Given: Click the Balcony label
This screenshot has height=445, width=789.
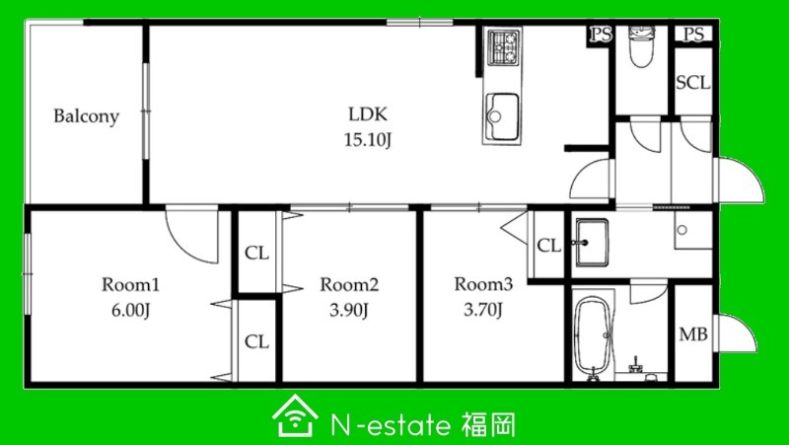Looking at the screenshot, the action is point(86,116).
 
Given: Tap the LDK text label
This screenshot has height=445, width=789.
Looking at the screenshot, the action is point(368,114).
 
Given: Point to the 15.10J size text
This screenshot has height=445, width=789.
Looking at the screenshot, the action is point(368,140).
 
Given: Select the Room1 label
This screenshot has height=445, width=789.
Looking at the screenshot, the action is point(130,285).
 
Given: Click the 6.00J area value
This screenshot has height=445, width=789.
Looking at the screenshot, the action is point(131,310).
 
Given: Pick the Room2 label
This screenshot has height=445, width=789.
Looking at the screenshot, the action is point(349,285).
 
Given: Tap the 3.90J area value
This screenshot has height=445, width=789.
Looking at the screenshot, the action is point(349,310).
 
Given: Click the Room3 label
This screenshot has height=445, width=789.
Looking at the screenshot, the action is point(483,284).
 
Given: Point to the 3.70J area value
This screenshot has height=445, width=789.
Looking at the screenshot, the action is point(483,310).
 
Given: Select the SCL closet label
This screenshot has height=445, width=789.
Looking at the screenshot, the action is point(693,83).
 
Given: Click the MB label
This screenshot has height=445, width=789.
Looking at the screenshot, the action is point(693,334).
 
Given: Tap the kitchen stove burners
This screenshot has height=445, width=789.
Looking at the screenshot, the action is point(504,46).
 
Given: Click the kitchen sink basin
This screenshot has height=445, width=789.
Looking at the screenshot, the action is point(502,116).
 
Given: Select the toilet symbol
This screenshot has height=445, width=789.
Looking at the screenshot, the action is point(641,46).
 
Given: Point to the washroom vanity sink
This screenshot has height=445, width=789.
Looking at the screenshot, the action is point(592,242).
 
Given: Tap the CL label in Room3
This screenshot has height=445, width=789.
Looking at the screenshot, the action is point(548,246).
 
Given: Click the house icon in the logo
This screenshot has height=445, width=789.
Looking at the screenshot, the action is point(295,415).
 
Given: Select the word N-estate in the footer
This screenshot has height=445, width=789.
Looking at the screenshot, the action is point(391,426).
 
